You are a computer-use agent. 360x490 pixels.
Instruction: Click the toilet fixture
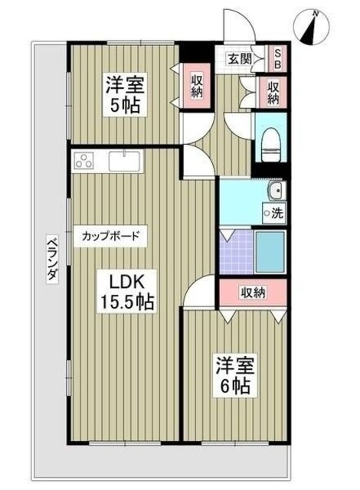(270, 143)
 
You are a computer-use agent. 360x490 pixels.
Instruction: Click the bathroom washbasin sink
(273, 191)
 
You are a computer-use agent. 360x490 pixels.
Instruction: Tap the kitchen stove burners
(83, 162)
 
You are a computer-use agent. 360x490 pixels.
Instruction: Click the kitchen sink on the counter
(123, 162)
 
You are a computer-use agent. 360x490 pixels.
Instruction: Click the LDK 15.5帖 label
(124, 291)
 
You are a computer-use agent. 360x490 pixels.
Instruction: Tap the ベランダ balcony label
(50, 258)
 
